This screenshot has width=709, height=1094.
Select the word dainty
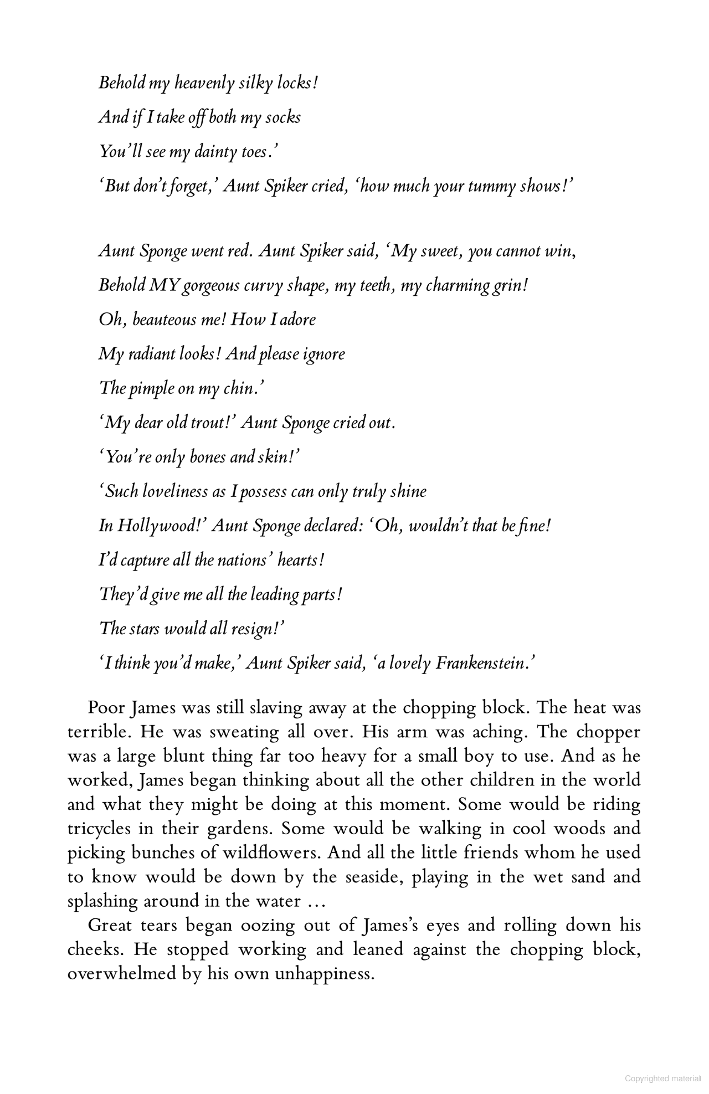[215, 152]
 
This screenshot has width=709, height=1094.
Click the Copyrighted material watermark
[662, 1078]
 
